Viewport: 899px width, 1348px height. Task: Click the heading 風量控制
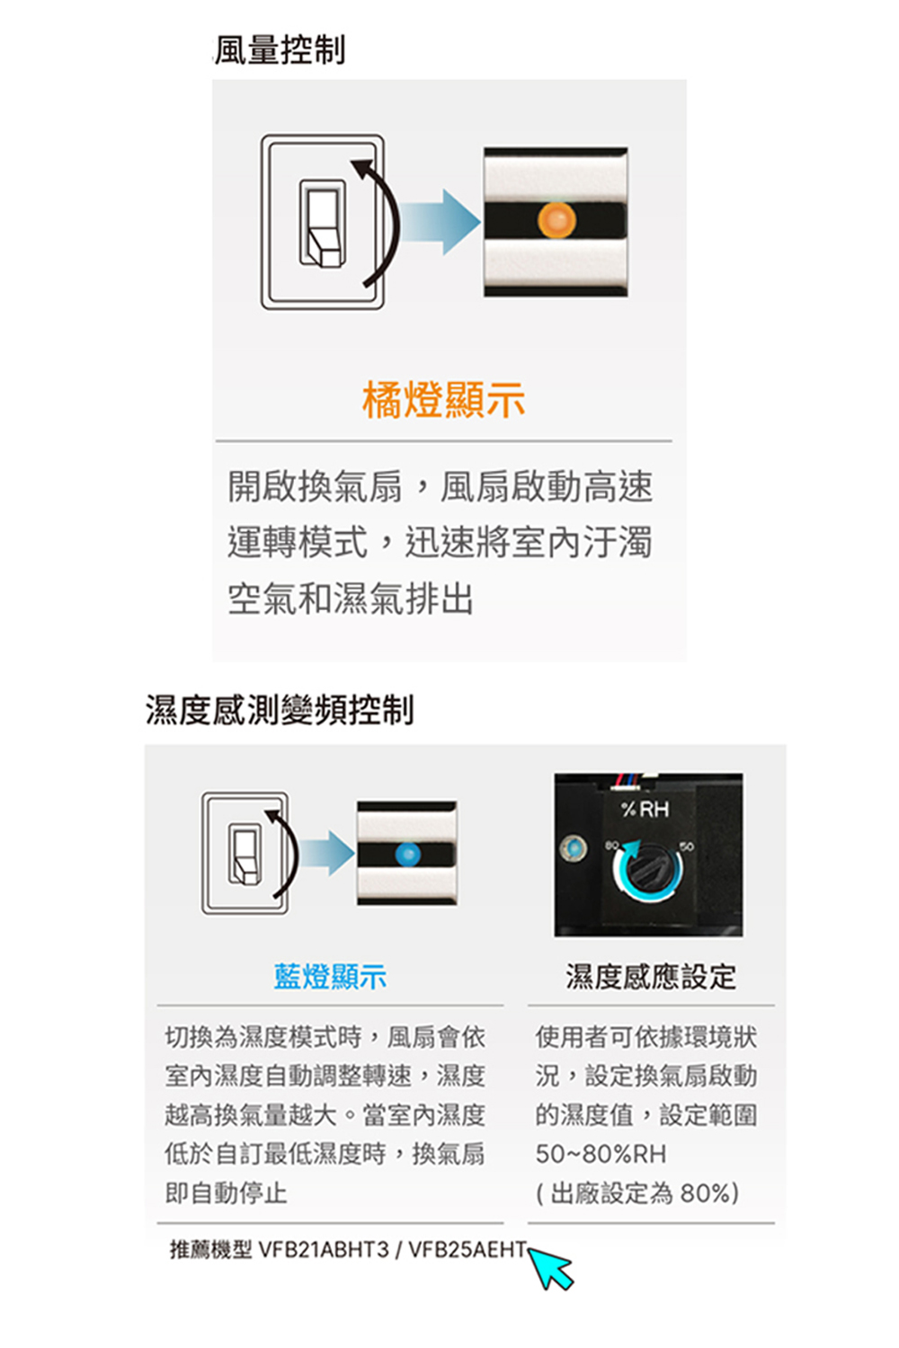280,49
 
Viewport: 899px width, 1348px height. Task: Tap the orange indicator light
556,219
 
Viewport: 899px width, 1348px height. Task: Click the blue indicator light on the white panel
407,854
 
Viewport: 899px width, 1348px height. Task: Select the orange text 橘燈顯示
444,400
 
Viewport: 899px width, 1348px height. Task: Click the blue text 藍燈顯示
330,976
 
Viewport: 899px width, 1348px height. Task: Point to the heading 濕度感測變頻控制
280,710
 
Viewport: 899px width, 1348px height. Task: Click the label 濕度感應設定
650,976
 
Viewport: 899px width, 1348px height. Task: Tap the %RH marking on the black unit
645,810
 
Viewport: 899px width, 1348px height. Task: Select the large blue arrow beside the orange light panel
441,222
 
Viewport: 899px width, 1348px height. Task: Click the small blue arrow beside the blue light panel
327,853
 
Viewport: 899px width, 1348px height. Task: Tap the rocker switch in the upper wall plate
324,223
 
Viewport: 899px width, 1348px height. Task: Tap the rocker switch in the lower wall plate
245,854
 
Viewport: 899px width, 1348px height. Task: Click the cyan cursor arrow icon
550,1268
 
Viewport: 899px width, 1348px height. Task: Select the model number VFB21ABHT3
324,1250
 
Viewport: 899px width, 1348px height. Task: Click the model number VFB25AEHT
467,1250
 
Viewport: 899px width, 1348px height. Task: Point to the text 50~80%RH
601,1154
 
